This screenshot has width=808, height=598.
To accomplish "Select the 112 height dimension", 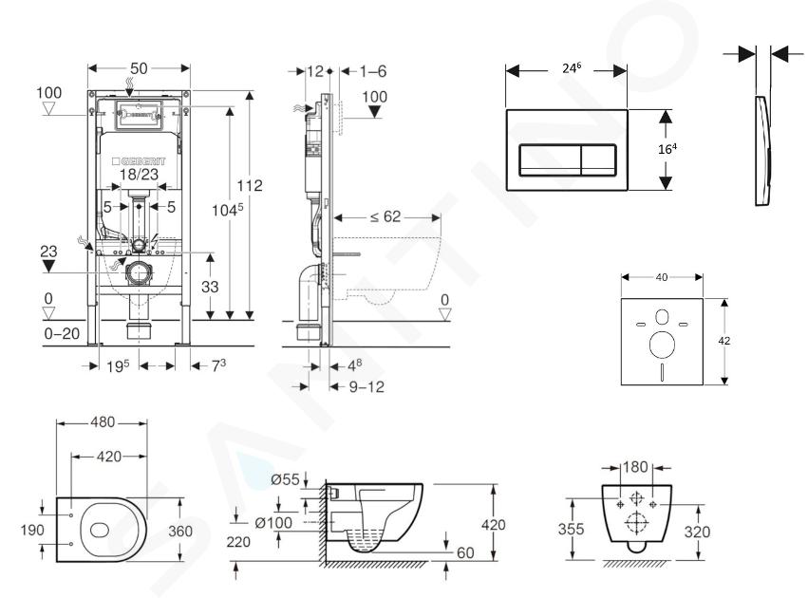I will [x=250, y=185].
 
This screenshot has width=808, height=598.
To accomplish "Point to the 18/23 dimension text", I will [x=140, y=175].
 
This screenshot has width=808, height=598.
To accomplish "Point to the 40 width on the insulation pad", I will [x=661, y=277].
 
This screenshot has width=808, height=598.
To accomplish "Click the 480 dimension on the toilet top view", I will [x=102, y=422].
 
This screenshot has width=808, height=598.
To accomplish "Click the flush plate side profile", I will [x=764, y=152].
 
